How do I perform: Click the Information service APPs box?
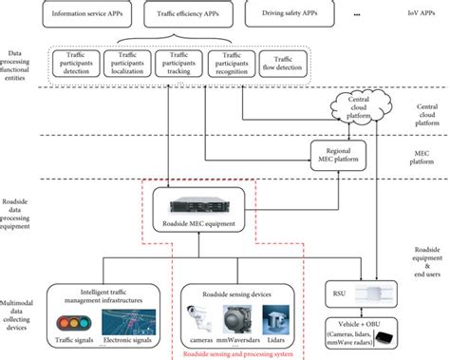(85, 14)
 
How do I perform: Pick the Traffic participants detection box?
(76, 64)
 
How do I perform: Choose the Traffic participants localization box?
(128, 64)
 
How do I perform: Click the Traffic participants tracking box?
(180, 64)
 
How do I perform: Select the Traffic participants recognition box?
(233, 64)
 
